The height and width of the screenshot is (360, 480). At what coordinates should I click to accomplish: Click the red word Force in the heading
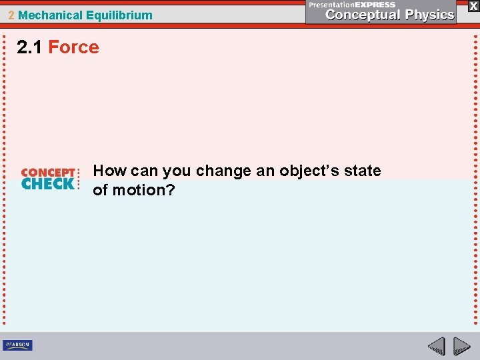point(73,47)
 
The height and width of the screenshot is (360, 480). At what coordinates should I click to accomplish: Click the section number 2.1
point(31,47)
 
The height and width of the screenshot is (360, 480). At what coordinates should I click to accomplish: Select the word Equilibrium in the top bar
point(119,15)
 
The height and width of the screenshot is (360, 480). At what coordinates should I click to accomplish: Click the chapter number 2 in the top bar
point(11,15)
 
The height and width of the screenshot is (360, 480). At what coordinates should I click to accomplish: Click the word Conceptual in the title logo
point(361,15)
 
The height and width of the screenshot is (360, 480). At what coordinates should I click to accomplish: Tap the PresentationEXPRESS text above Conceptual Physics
point(352,4)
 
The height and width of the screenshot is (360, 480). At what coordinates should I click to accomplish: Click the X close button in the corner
point(473,6)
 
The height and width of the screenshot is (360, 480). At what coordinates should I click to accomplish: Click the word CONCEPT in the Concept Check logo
point(48,172)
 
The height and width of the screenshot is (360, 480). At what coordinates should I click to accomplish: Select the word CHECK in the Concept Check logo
point(48,183)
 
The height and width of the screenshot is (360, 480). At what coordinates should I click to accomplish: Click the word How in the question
point(107,171)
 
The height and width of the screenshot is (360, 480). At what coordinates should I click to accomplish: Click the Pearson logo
point(17,345)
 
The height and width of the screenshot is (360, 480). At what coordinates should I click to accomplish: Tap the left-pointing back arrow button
point(436,347)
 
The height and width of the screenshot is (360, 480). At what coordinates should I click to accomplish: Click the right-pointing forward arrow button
point(462,347)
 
